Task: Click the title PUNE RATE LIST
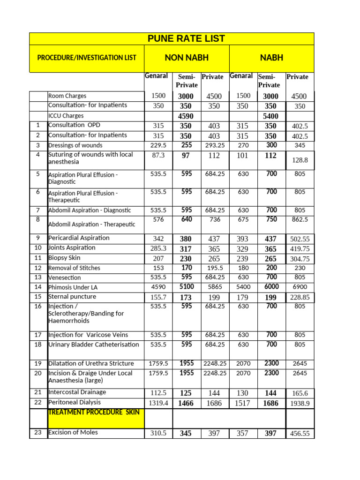(x=187, y=39)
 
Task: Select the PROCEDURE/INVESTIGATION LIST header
(x=87, y=58)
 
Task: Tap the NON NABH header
(x=187, y=58)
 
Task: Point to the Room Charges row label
(x=67, y=96)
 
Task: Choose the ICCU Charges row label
(x=66, y=116)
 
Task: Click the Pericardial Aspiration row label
(x=79, y=238)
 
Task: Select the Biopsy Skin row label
(x=64, y=258)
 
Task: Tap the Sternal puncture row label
(x=72, y=297)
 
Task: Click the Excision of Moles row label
(x=73, y=432)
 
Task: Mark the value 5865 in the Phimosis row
(x=214, y=287)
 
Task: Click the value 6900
(x=300, y=287)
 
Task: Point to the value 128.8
(x=300, y=160)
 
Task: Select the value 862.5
(x=300, y=219)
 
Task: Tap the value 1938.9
(x=300, y=403)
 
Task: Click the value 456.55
(x=300, y=434)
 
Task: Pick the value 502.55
(x=300, y=239)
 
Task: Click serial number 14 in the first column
(x=38, y=287)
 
